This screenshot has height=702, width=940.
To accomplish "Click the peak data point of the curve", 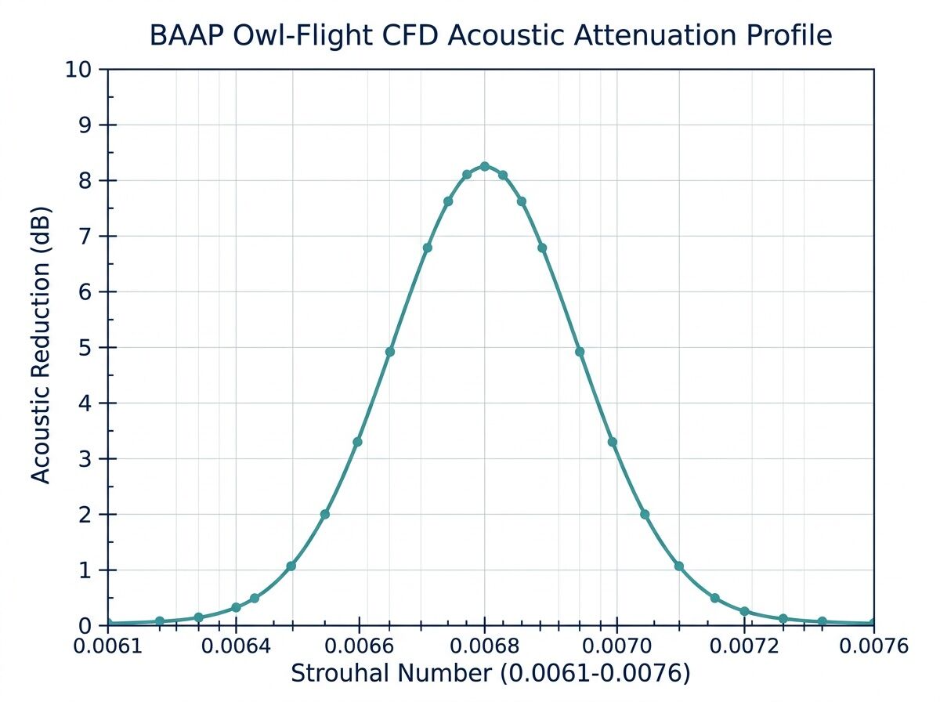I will tap(485, 166).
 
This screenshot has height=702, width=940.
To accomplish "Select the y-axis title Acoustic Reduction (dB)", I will tap(41, 346).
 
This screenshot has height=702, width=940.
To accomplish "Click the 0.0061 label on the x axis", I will tap(107, 646).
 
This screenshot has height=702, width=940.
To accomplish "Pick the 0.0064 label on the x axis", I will tap(236, 646).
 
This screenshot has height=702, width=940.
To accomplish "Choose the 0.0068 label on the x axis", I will tap(485, 646).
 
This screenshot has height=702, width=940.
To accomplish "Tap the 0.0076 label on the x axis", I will tap(873, 646).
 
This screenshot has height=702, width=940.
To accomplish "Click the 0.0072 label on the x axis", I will tap(745, 646).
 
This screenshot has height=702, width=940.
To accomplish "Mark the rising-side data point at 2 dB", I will tap(325, 515).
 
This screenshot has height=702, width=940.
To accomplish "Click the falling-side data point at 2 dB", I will tap(645, 515).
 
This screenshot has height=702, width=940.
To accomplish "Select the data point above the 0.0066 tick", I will tap(358, 442).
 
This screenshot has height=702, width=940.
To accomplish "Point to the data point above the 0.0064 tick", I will tap(236, 607).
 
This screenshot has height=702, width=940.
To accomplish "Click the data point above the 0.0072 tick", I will tap(744, 611).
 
